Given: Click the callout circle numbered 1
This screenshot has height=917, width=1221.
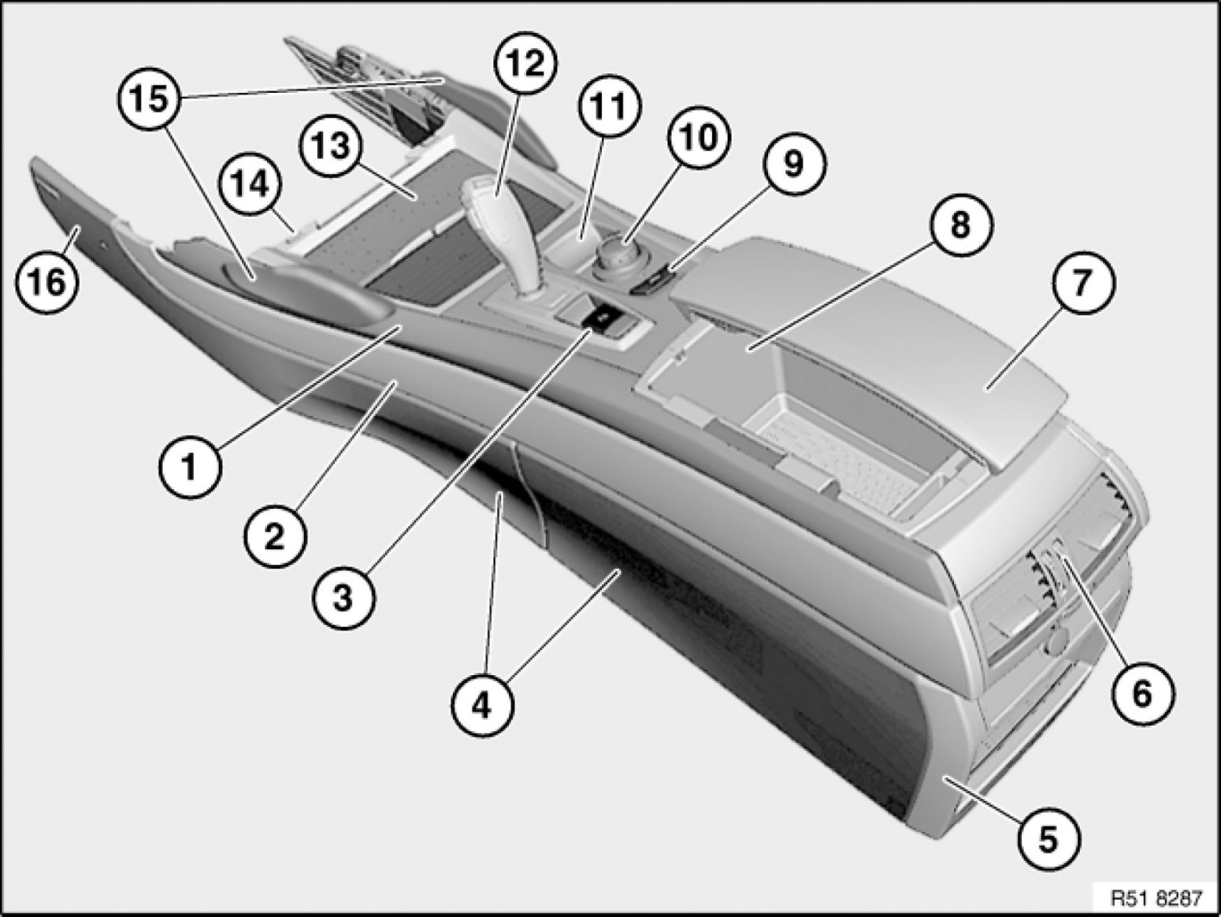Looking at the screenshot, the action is coord(191,466).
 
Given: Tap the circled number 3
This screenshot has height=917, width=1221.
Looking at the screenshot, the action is coord(343,598).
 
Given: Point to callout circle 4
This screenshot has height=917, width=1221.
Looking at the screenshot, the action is coord(482,706).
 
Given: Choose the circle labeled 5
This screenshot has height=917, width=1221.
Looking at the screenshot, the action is coord(1048,840).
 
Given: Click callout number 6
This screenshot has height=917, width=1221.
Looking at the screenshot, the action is coord(1142,693).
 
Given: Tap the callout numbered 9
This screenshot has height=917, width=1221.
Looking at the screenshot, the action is coord(793,164).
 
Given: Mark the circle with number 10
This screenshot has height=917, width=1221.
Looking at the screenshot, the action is coord(700,137).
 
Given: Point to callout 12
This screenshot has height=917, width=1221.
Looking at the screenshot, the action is coord(525,63).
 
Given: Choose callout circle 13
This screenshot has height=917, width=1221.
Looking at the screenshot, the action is coord(331,147).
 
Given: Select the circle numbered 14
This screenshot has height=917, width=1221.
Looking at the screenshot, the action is coord(250,184).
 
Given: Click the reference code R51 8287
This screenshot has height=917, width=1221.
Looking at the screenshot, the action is coord(1157,897).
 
